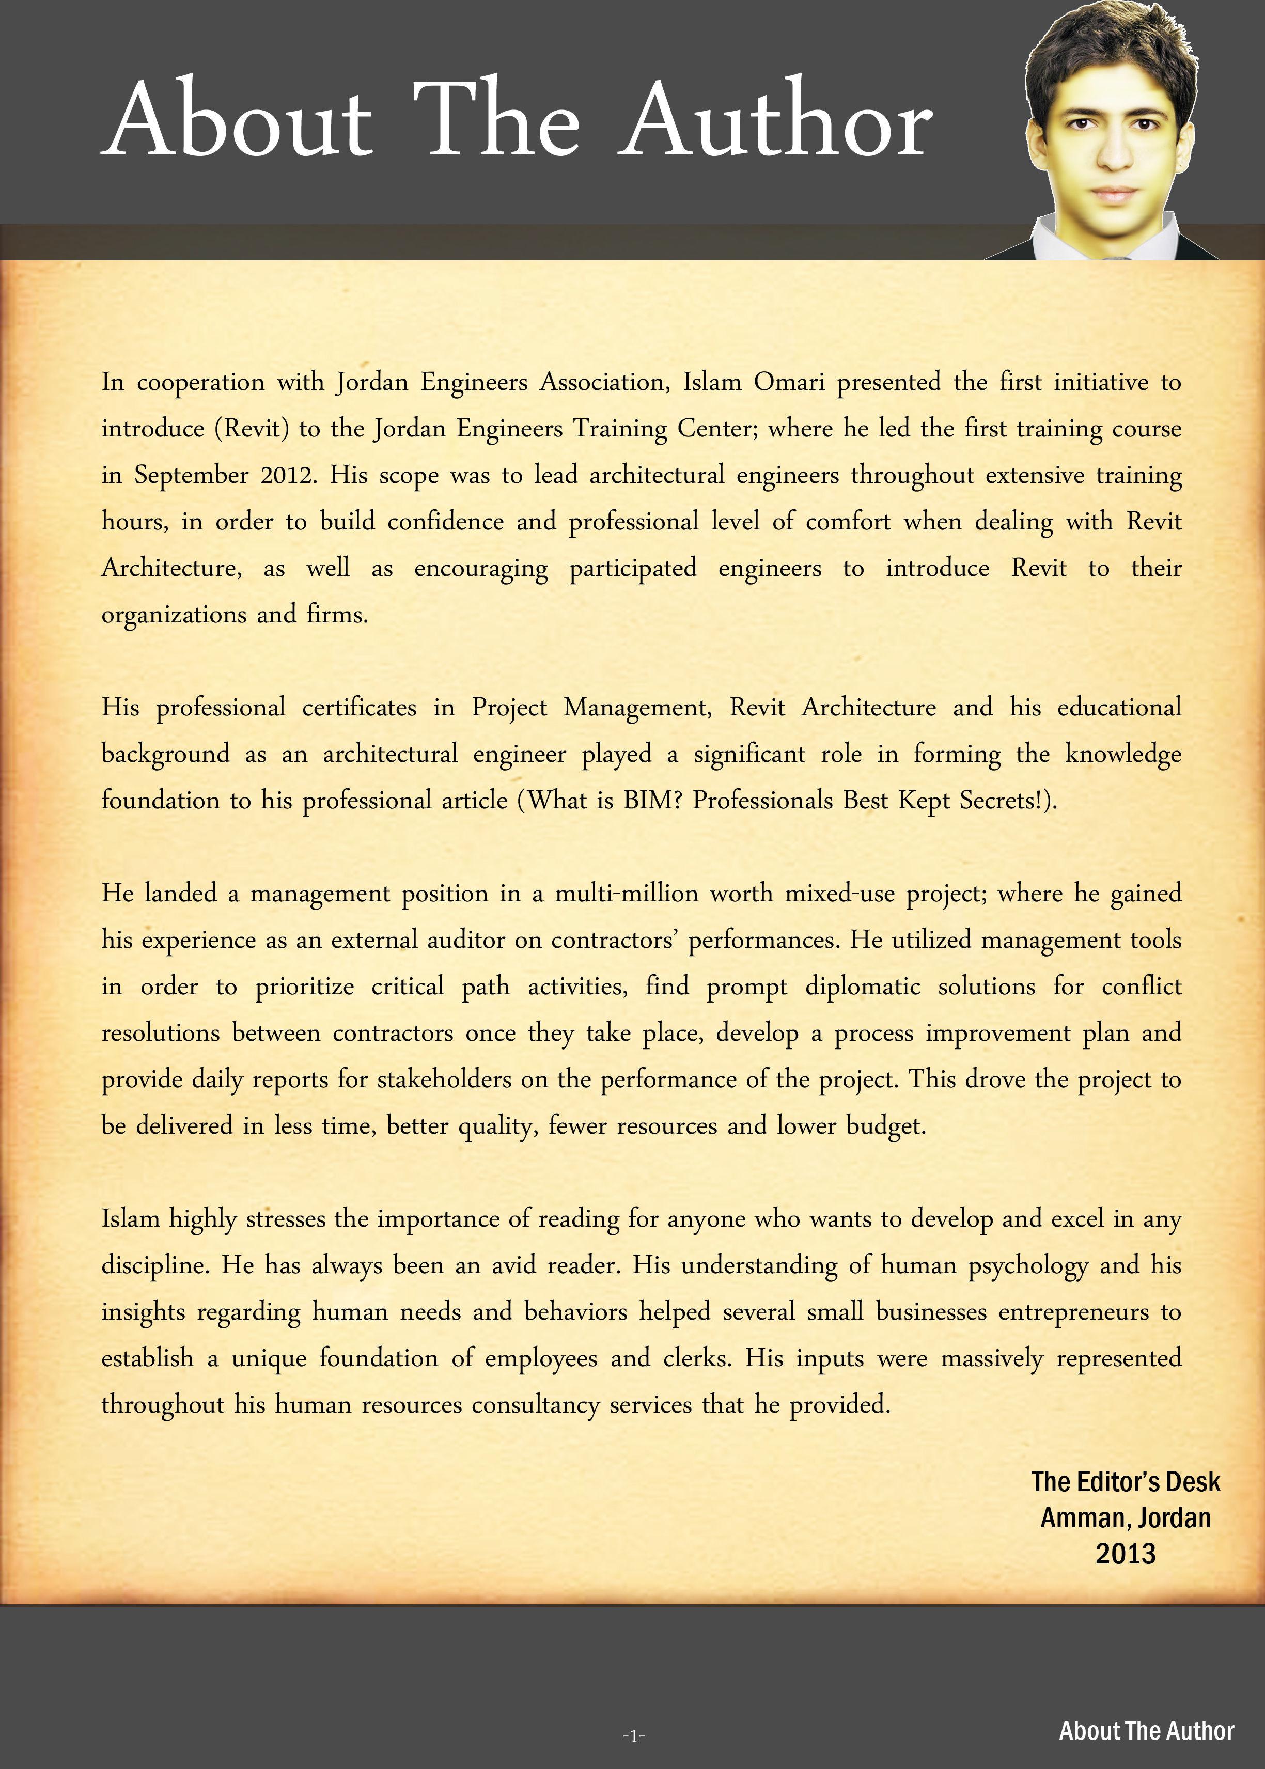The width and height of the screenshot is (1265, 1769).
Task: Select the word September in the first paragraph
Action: pos(191,475)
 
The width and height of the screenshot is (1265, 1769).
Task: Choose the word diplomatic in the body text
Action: pos(863,987)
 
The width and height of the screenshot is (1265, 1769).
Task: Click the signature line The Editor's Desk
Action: pos(1126,1481)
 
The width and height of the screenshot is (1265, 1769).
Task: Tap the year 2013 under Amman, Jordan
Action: pos(1126,1554)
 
